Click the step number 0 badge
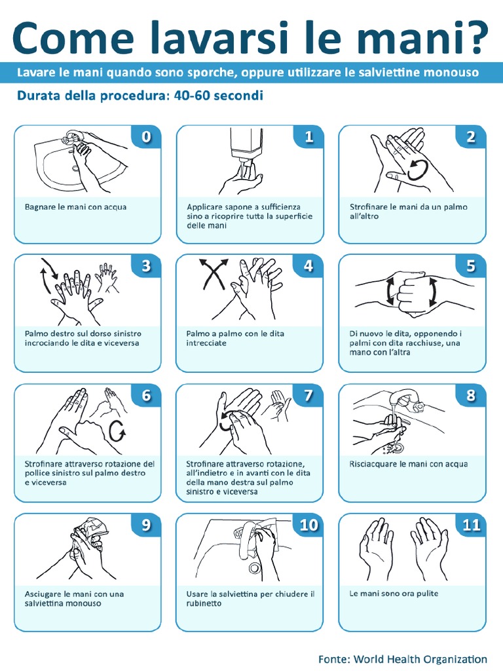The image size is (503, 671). tap(146, 136)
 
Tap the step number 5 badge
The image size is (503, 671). tap(470, 266)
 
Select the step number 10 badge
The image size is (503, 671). tap(308, 525)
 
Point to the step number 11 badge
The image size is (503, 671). tap(471, 525)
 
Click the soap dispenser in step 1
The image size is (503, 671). tap(246, 146)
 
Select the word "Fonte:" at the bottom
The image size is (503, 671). tap(335, 659)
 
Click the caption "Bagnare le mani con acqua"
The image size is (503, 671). tap(76, 207)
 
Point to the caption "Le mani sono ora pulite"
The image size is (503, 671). tap(394, 594)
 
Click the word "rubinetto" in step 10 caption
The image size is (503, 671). tap(204, 604)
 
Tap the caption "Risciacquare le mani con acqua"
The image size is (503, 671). tap(409, 465)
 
